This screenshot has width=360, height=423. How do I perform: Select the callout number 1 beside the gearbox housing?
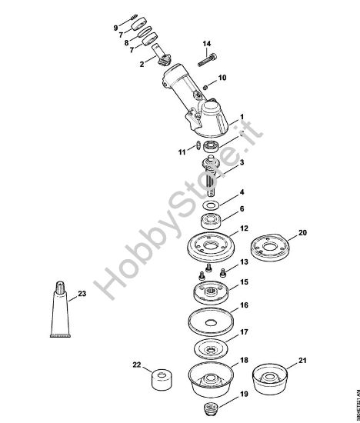(x=242, y=116)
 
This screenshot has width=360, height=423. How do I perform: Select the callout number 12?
(x=244, y=228)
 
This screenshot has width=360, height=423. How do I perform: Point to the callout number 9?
(x=116, y=28)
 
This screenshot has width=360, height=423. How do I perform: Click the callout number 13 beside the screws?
(x=244, y=263)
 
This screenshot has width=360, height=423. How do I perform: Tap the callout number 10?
(x=222, y=78)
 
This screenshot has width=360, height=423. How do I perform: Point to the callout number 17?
(x=244, y=333)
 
